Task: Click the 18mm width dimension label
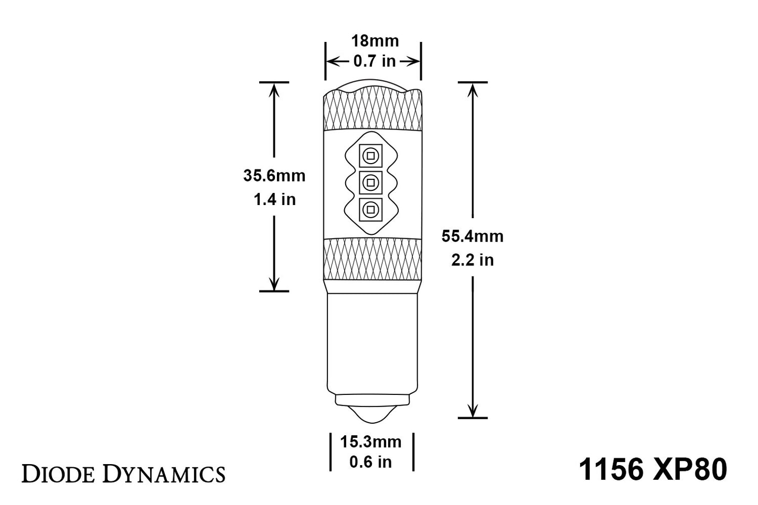[x=374, y=41]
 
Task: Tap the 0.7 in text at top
[x=374, y=61]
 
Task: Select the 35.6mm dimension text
[x=274, y=175]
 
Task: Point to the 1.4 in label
[x=274, y=199]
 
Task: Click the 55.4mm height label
[x=472, y=236]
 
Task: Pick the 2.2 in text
[x=472, y=260]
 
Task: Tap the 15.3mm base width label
[x=371, y=442]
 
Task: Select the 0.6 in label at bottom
[x=371, y=462]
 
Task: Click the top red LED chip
[x=370, y=156]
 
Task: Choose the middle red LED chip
[x=370, y=182]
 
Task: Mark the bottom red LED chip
[x=370, y=209]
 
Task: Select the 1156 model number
[x=611, y=469]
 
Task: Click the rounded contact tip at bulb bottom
[x=371, y=413]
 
